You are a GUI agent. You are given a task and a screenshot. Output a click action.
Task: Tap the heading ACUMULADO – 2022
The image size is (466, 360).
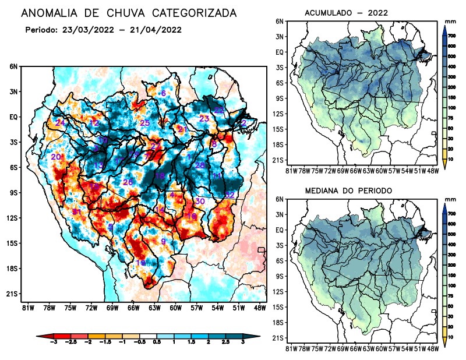click(346, 13)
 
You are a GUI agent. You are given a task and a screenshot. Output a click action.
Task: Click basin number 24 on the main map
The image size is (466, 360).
click(60, 122)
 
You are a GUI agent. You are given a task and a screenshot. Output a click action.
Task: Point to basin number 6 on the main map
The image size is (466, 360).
click(164, 93)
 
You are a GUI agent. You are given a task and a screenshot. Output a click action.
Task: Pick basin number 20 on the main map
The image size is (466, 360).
click(56, 157)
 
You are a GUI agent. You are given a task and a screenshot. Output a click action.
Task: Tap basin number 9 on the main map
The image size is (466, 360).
click(164, 241)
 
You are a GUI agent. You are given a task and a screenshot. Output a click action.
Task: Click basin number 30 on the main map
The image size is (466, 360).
click(200, 201)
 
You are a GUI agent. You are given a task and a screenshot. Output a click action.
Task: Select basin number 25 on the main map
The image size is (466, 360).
click(145, 123)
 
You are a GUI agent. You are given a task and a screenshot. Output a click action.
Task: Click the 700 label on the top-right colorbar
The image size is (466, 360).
click(451, 36)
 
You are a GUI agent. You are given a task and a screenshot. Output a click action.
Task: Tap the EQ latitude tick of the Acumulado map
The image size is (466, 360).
click(280, 52)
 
